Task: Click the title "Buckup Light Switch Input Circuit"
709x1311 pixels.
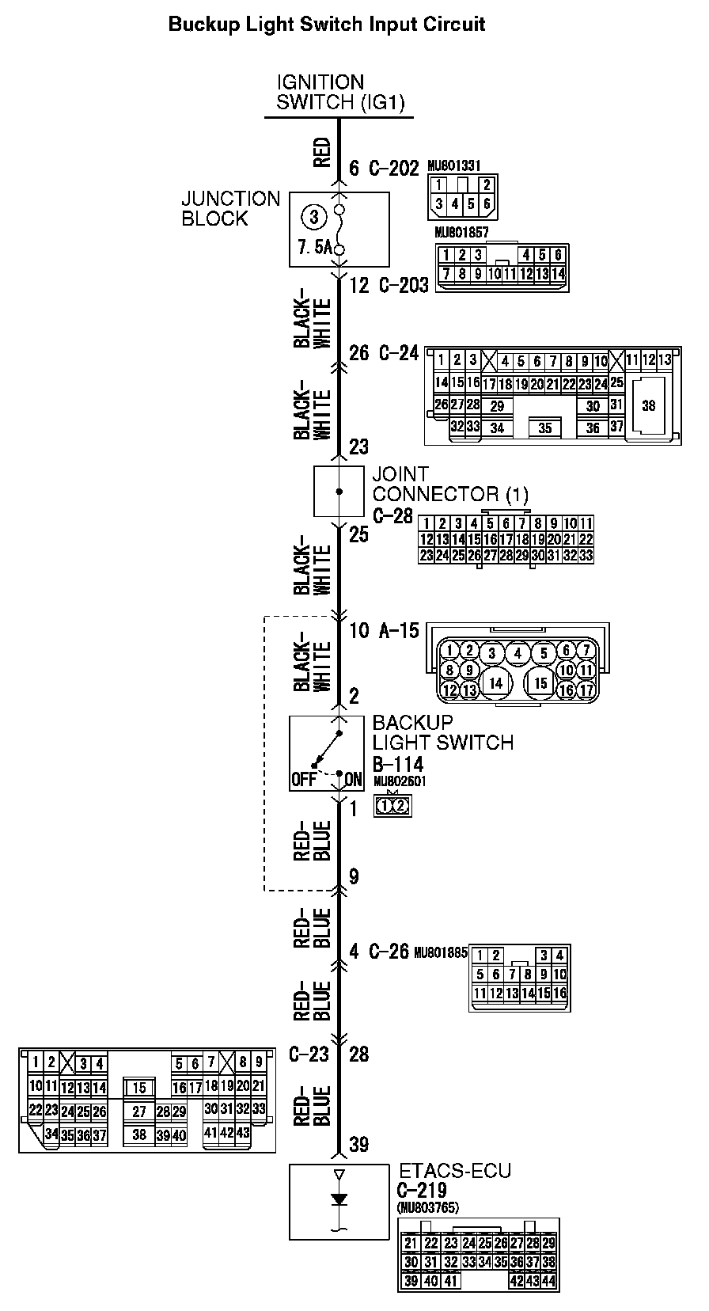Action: pos(327,25)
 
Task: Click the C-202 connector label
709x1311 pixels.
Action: pos(393,168)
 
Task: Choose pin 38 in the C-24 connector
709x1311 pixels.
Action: pos(648,405)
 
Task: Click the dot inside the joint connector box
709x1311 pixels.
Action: pos(339,492)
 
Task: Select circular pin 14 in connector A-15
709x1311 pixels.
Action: pos(495,682)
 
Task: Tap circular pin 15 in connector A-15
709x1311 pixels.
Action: pos(541,682)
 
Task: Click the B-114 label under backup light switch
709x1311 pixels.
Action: pos(398,764)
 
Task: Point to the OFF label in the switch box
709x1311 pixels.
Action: pos(304,779)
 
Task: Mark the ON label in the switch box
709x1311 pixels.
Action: pos(353,779)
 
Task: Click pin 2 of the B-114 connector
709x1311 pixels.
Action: pos(401,806)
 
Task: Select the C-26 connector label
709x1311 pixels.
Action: pos(389,952)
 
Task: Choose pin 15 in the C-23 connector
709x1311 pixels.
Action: pos(139,1089)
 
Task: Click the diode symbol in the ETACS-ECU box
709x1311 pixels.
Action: pos(339,1200)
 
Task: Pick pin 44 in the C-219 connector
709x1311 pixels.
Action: pos(549,1280)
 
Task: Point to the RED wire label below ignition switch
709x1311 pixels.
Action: pos(322,153)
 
